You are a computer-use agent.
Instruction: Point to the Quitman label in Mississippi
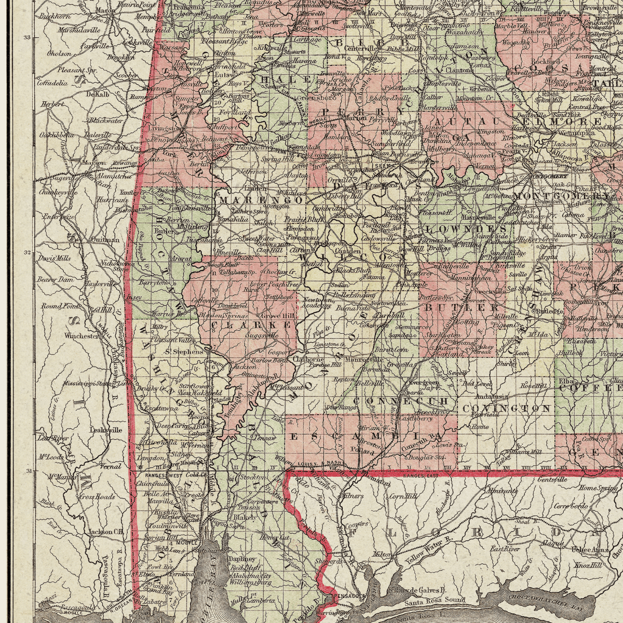pos(105,240)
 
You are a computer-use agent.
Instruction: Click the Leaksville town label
pos(106,430)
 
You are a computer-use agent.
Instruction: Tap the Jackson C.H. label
pos(106,532)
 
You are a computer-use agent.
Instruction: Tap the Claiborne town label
pos(308,359)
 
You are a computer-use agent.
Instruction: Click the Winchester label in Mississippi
pos(82,336)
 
